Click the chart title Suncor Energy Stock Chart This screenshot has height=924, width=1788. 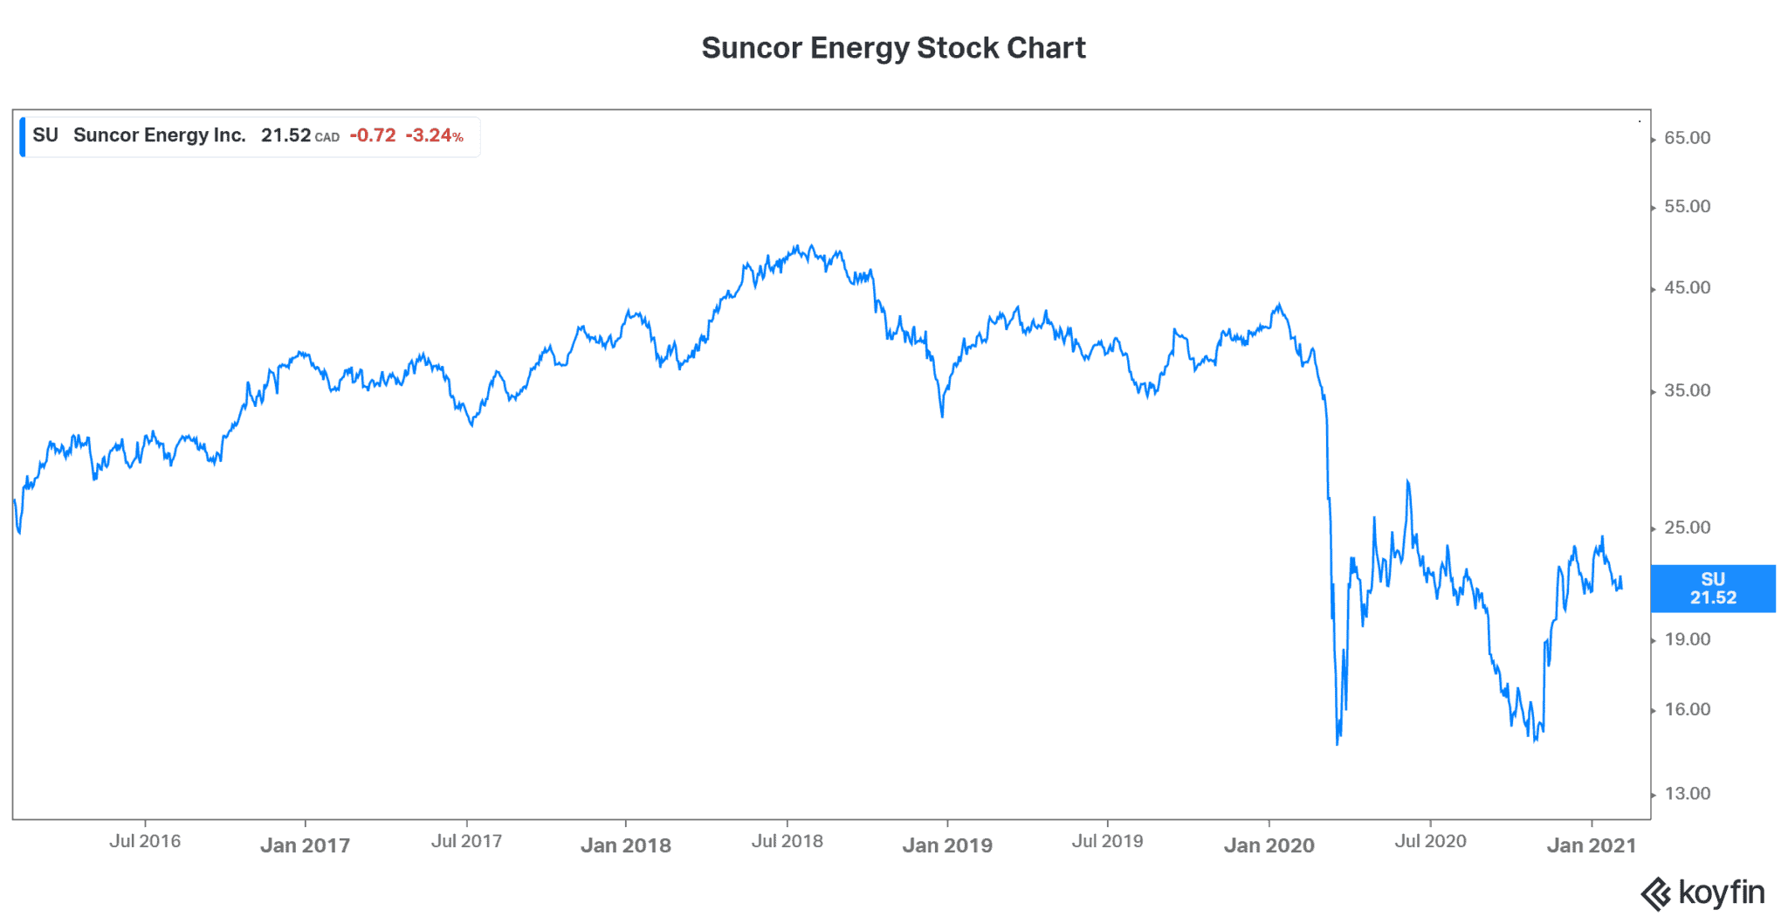coord(893,48)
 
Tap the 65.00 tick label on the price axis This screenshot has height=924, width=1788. coord(1687,138)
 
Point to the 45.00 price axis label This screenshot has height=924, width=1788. coord(1687,288)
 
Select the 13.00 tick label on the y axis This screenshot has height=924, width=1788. coord(1687,794)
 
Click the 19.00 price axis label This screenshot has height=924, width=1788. coord(1687,639)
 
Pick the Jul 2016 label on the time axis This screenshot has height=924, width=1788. coord(145,841)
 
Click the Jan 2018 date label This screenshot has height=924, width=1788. coord(625,845)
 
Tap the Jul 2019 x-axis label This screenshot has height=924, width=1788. coord(1107,841)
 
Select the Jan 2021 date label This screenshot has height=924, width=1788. coord(1591,845)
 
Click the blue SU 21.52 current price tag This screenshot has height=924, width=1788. coord(1712,589)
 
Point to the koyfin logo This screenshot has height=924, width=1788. coord(1702,893)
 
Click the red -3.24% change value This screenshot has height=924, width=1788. coord(434,135)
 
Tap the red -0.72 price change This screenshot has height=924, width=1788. coord(373,135)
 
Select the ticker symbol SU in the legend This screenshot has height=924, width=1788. coord(45,135)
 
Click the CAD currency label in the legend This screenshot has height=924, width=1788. coord(327,137)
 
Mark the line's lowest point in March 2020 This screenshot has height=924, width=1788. coord(1338,743)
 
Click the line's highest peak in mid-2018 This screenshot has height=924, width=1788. coord(810,246)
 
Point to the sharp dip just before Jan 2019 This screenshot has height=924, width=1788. coord(942,416)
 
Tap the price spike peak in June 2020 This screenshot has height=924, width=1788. coord(1407,480)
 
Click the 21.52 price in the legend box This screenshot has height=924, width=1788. coord(285,135)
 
